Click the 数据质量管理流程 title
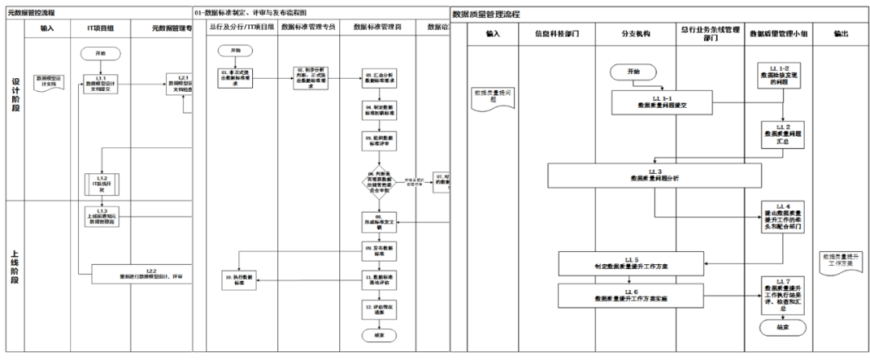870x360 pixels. coord(486,14)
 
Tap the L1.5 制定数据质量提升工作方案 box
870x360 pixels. coord(631,263)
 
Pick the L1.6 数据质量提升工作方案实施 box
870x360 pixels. coord(631,293)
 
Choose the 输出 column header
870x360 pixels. coord(841,34)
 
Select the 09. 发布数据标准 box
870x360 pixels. coord(378,250)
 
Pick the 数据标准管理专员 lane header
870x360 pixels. coord(308,27)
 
